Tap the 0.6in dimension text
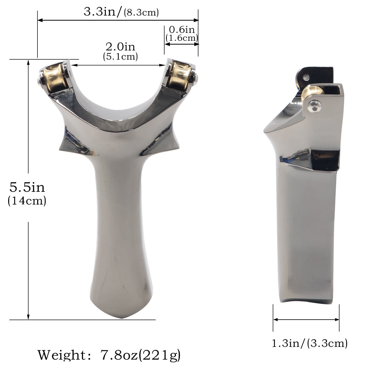182,30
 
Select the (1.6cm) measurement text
182,38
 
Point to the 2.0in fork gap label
120,47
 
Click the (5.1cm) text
120,56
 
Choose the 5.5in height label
27,187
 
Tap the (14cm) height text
27,201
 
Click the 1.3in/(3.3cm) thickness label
310,344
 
